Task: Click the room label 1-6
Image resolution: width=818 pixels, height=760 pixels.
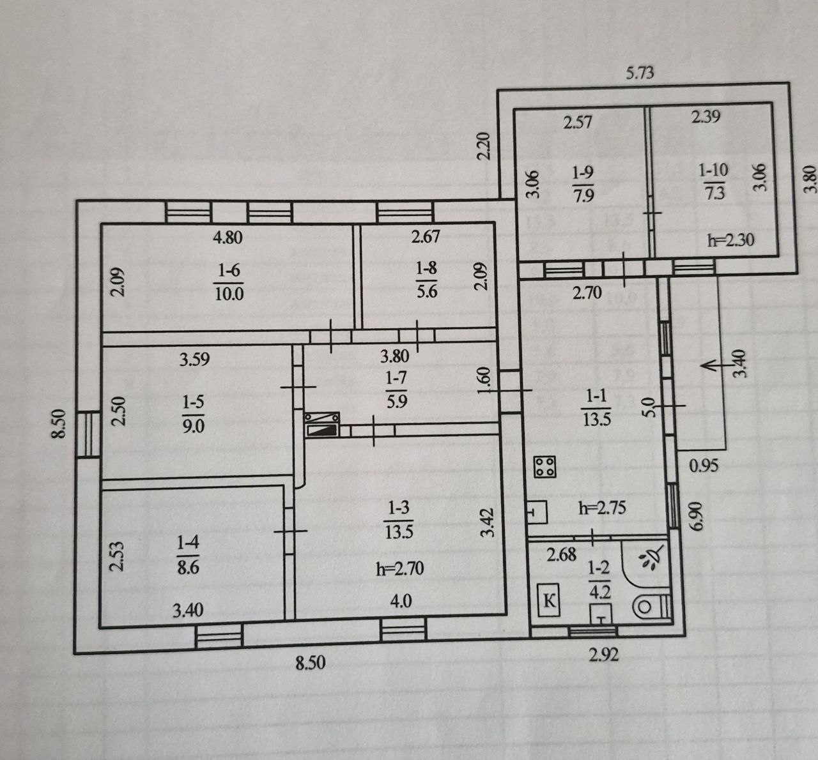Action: [228, 270]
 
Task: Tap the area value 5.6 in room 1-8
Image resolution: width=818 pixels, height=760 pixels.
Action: [426, 291]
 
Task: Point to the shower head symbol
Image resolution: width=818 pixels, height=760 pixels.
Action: [650, 559]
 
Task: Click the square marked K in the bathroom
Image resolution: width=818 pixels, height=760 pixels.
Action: [549, 601]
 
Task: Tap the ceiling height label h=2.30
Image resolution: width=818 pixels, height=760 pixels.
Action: [731, 240]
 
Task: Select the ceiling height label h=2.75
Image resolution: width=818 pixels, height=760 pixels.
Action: [602, 508]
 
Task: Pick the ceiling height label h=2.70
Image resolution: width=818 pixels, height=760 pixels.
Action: [400, 568]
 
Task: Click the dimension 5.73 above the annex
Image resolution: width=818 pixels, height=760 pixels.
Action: [640, 73]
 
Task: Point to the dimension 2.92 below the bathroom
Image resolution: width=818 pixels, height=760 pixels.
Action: [603, 655]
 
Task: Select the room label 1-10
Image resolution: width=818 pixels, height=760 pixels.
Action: [713, 170]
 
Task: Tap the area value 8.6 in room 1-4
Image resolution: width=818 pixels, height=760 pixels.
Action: [188, 566]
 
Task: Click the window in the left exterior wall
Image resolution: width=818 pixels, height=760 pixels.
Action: [88, 434]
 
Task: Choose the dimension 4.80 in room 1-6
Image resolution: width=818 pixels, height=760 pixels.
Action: [228, 237]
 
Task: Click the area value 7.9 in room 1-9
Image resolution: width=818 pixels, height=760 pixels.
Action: [583, 195]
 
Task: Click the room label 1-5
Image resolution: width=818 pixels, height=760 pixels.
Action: [193, 402]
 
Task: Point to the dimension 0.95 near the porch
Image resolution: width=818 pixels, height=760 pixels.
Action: [704, 466]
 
